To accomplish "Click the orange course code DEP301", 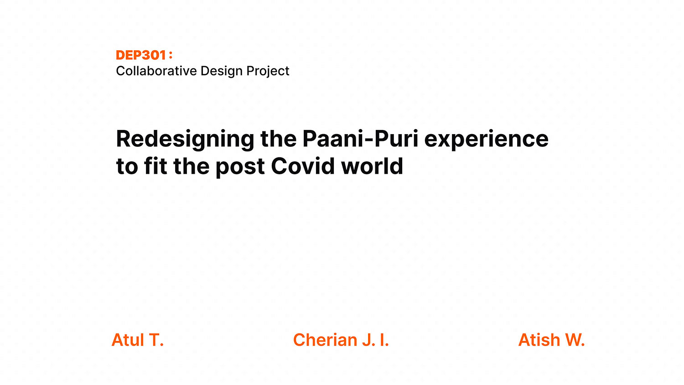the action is pos(141,55).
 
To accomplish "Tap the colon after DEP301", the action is pos(171,55).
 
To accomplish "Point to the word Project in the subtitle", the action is pos(268,71).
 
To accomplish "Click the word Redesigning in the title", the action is pos(185,140).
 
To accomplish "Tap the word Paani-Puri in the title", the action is pos(360,139).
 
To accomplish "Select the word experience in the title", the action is pos(487,140).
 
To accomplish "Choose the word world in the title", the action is pos(372,166).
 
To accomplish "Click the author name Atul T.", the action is pos(138,340).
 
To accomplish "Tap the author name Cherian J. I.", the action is pos(341,340).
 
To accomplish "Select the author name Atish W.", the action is pos(551,340).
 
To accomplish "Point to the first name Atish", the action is pos(539,340).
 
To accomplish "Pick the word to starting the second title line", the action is pos(127,167).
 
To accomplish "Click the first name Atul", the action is pos(128,340).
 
